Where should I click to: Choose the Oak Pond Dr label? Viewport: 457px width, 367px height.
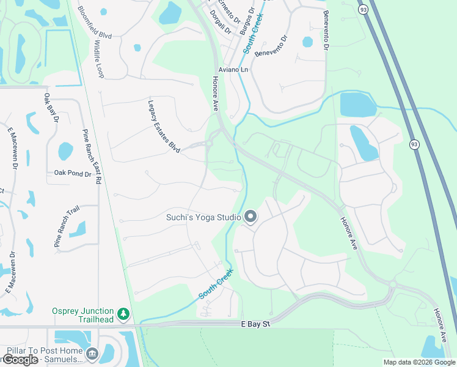tap(72, 174)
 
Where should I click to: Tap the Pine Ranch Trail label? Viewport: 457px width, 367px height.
tap(66, 226)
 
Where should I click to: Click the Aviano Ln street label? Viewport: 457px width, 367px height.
tap(234, 70)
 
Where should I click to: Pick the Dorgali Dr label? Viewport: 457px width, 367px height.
tap(221, 22)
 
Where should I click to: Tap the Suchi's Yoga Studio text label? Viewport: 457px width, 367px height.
tap(203, 217)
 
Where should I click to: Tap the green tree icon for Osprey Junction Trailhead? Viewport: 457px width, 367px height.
tap(124, 314)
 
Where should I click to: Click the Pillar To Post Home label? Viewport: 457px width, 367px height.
tap(45, 351)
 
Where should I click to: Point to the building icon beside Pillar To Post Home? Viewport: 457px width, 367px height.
tap(92, 353)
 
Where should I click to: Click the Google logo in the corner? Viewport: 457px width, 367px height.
tap(20, 360)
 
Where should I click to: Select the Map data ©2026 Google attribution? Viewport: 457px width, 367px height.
tap(419, 362)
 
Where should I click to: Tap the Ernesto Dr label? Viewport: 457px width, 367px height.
tap(225, 7)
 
